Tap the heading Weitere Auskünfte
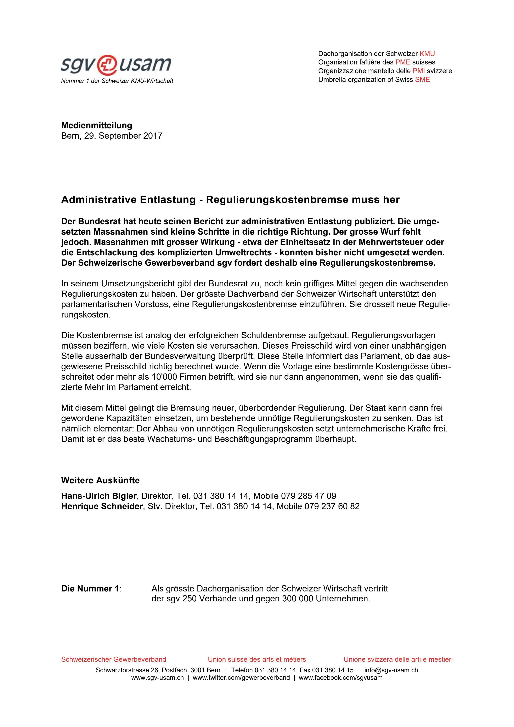pos(100,480)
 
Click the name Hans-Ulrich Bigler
pos(99,496)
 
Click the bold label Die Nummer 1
pos(90,589)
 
